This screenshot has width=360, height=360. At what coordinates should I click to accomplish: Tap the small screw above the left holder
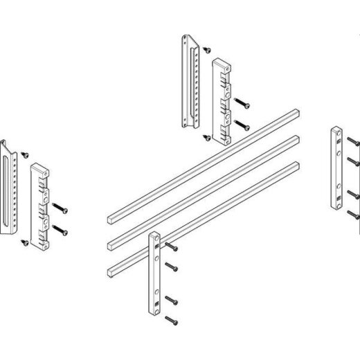pos(25,149)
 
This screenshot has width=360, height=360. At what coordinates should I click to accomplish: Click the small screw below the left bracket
pos(26,241)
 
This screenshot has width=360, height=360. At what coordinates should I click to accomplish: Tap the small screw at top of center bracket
pos(206,48)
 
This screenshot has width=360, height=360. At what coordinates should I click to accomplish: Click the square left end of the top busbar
pos(112,219)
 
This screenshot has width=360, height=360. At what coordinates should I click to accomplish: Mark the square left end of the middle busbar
pos(112,242)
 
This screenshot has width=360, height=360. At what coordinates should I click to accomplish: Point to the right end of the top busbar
pos(296,112)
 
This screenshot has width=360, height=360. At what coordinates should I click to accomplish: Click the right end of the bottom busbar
pos(296,166)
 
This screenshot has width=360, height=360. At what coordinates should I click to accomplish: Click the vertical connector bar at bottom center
pos(154,274)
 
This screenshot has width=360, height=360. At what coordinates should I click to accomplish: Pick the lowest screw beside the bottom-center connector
pos(172,320)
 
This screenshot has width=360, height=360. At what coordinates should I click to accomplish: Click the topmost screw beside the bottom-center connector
pos(172,247)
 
